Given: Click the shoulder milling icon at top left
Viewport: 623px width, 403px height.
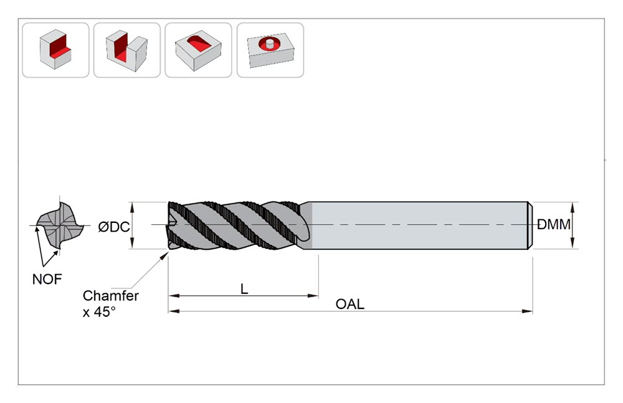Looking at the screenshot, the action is tap(55, 50).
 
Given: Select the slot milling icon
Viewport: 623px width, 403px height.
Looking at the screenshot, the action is tap(126, 50).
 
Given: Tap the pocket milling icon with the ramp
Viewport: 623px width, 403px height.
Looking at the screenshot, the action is tap(198, 50).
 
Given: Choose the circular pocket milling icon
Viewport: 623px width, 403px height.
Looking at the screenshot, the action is tap(270, 50).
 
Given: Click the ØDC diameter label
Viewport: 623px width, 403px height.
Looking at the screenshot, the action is tap(113, 227).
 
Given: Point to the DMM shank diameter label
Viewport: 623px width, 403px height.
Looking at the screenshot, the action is tap(554, 225).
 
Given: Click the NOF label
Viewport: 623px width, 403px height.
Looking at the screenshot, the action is tap(47, 280).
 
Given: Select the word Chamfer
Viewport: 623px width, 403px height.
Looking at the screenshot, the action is tap(110, 296).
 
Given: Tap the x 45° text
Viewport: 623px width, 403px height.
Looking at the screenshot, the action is tap(99, 312).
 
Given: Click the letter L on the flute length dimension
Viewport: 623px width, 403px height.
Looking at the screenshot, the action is tap(244, 289).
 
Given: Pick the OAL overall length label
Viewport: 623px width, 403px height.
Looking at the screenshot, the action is tap(350, 304).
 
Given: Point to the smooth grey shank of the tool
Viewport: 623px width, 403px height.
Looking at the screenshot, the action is tap(417, 225).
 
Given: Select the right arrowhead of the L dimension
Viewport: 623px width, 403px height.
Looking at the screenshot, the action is tap(313, 296).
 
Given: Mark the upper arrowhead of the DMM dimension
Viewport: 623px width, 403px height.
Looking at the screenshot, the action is tap(573, 207).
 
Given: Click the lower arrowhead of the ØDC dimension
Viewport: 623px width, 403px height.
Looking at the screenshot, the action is tap(132, 243).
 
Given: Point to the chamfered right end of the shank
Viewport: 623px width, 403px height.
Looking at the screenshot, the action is tap(530, 225).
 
